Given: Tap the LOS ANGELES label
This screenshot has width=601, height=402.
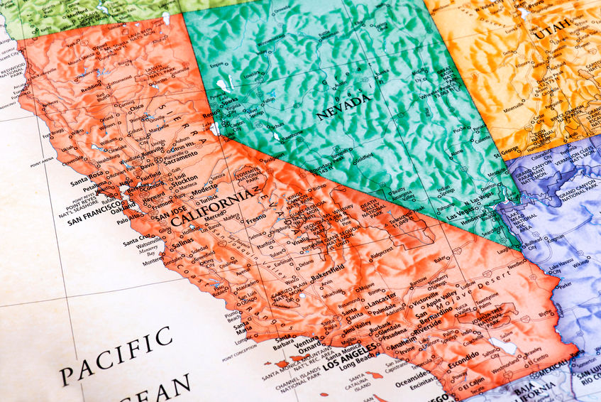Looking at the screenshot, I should click(352, 367).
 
